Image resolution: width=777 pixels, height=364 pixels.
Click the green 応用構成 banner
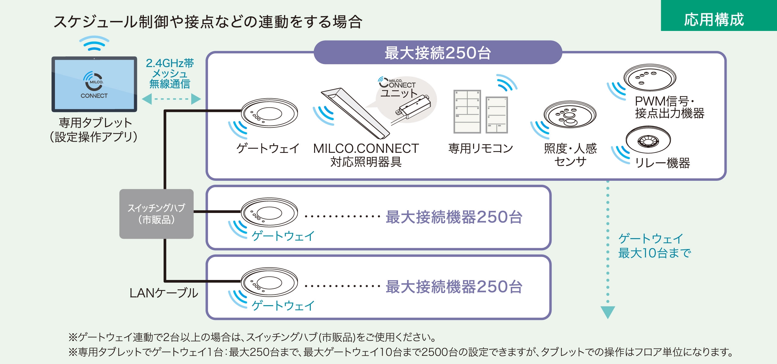pyautogui.click(x=718, y=16)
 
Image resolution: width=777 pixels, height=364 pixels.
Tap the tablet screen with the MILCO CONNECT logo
pyautogui.click(x=94, y=84)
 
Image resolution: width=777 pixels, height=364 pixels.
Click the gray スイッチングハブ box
pyautogui.click(x=156, y=214)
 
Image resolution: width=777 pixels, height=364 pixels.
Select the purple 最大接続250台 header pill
pyautogui.click(x=438, y=52)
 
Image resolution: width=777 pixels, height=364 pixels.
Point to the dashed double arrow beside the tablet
pyautogui.click(x=171, y=99)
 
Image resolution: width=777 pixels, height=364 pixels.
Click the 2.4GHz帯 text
pyautogui.click(x=170, y=63)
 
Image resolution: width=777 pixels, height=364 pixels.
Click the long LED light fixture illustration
pyautogui.click(x=355, y=112)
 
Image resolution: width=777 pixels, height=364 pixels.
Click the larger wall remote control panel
pyautogui.click(x=467, y=111)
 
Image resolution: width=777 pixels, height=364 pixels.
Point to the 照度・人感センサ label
pyautogui.click(x=570, y=155)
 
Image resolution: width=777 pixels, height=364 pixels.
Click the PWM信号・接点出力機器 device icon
pyautogui.click(x=650, y=77)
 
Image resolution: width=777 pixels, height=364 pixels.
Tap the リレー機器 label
pyautogui.click(x=662, y=163)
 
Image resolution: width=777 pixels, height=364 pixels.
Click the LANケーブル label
pyautogui.click(x=164, y=293)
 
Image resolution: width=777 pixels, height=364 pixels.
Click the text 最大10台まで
pyautogui.click(x=654, y=253)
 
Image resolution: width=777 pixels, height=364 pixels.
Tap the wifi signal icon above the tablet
pyautogui.click(x=94, y=43)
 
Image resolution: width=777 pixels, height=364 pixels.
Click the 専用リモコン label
pyautogui.click(x=480, y=148)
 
